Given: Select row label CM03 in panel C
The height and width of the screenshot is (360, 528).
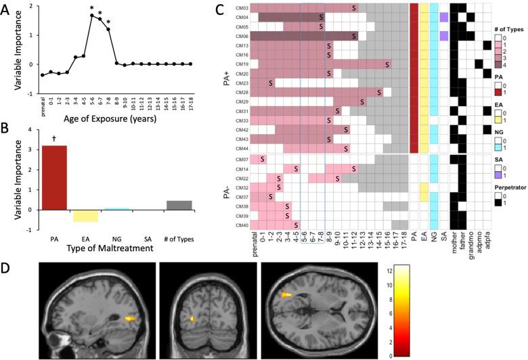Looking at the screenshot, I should click(x=242, y=7).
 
